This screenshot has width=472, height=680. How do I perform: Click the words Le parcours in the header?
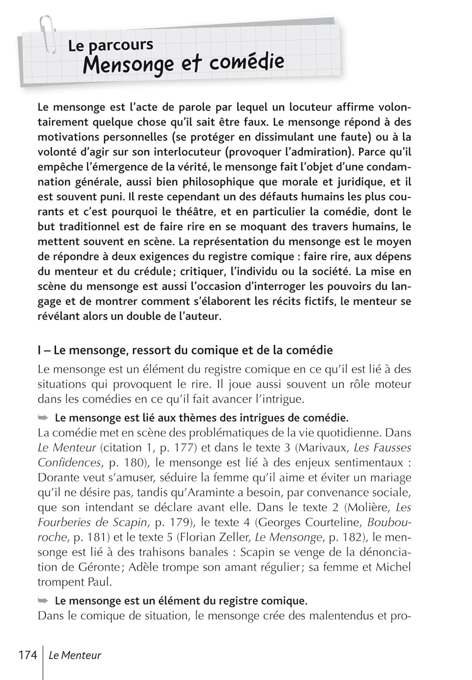pos(111,45)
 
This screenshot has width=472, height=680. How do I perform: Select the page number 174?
pos(28,655)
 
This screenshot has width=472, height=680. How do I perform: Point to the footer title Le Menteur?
pos(75,655)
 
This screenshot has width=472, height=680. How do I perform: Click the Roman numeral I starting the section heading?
pos(39,350)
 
